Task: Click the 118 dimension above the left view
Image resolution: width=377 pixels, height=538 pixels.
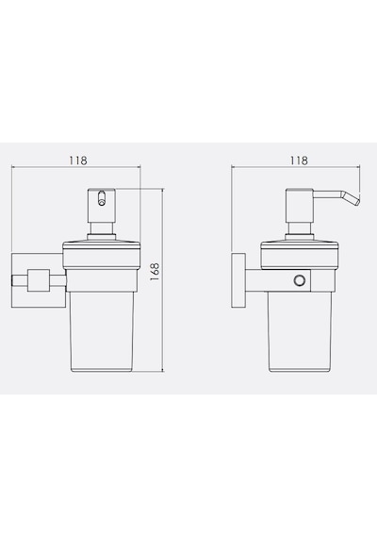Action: (x=78, y=160)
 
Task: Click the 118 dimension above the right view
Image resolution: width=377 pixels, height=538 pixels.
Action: (x=299, y=160)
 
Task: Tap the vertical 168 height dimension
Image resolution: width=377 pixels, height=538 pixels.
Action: (x=155, y=272)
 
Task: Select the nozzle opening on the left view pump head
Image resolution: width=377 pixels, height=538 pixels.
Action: (x=101, y=199)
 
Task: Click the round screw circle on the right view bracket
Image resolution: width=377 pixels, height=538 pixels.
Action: (x=299, y=280)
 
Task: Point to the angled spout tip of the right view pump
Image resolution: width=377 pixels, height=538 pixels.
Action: (x=357, y=201)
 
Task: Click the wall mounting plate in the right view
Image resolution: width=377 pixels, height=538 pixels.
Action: (x=238, y=280)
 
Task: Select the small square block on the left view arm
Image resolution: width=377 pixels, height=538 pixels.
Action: (x=38, y=280)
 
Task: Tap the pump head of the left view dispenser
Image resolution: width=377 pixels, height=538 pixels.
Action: (x=101, y=206)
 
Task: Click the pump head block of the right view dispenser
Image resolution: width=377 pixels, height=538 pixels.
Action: (x=300, y=206)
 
